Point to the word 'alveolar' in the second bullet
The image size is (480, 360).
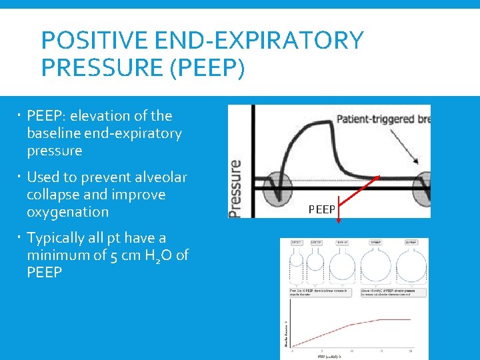[x=160, y=177]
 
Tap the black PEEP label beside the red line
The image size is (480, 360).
[x=322, y=210]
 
